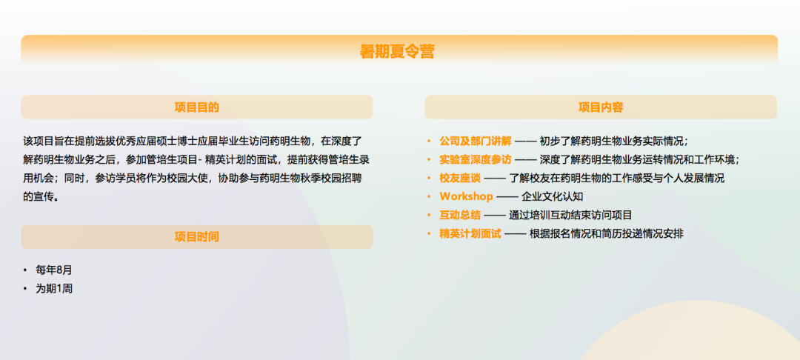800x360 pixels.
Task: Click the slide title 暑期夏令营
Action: coord(397,52)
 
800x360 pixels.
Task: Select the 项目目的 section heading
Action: coord(197,107)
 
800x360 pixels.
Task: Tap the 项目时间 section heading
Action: coord(197,237)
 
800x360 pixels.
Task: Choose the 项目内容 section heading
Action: coord(601,107)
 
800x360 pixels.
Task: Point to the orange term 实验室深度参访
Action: coord(475,159)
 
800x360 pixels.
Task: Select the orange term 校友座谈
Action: coord(460,178)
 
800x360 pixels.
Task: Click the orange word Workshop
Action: coord(466,196)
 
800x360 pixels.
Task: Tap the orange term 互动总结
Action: coord(460,215)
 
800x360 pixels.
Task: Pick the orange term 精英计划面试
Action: coord(470,233)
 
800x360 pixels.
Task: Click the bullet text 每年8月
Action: coord(54,270)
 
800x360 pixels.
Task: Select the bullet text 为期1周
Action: coord(54,289)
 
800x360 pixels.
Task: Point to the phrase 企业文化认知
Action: coord(553,196)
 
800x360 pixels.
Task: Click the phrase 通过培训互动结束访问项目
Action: coord(570,215)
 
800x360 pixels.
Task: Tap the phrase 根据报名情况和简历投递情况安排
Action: coord(607,233)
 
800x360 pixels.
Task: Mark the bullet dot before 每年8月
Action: coord(25,270)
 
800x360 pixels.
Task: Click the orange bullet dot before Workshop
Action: coord(429,196)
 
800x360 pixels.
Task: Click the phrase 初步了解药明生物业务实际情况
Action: coord(613,141)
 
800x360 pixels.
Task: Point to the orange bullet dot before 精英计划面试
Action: coord(429,233)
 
